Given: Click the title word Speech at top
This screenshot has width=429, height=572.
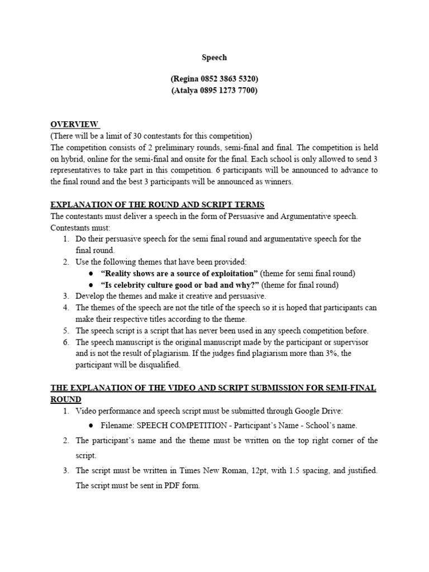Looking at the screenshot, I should [214, 57].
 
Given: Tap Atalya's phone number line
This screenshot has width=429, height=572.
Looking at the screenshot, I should [214, 91].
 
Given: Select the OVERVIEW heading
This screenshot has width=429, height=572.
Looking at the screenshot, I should [75, 124].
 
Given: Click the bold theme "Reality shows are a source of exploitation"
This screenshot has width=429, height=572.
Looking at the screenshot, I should [179, 273].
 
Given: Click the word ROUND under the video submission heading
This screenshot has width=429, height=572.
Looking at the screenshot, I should [66, 399].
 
